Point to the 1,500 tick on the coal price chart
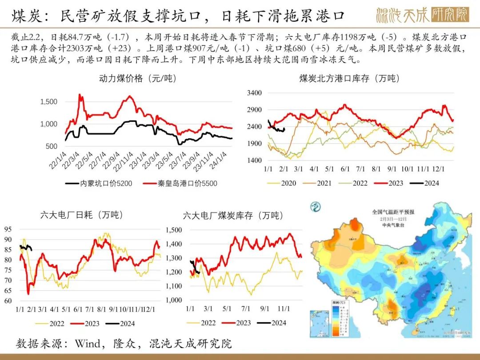49,102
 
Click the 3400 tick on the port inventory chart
255,93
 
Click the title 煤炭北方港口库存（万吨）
349,79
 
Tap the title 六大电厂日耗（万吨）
82,215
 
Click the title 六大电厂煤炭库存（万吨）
233,216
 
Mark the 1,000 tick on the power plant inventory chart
174,300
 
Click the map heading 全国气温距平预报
393,212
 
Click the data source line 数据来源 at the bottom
124,343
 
